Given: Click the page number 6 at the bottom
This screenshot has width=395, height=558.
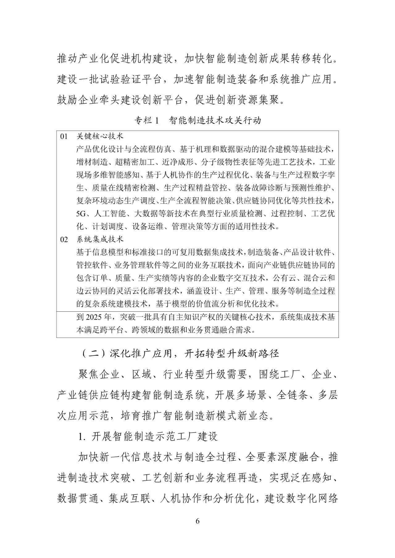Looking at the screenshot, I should tap(197, 521).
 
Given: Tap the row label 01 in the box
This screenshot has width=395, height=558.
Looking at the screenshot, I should tap(64, 136).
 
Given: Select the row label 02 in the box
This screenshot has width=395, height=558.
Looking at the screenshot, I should tap(64, 239).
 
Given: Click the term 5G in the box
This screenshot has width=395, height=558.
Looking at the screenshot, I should tap(81, 214).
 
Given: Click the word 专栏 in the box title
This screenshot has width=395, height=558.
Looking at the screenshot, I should tap(143, 120).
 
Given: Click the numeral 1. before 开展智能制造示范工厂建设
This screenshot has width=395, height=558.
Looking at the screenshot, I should tap(82, 436).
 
